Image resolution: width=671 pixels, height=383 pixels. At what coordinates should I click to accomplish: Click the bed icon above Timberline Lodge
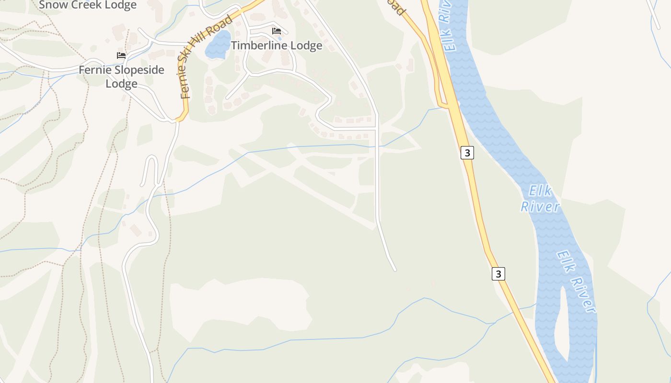(x=277, y=31)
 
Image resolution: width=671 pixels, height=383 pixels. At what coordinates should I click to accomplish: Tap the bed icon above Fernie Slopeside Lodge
(x=121, y=56)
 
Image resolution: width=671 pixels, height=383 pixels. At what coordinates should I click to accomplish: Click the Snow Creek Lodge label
(x=88, y=5)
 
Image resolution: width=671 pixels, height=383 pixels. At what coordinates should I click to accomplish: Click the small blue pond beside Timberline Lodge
(x=218, y=45)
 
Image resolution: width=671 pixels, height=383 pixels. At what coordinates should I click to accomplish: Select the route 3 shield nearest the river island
(x=498, y=274)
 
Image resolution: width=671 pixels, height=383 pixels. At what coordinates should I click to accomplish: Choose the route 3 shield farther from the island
(x=467, y=153)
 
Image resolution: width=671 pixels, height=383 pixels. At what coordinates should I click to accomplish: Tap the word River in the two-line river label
(x=540, y=207)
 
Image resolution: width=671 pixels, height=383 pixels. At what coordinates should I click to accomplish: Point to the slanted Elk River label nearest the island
(x=576, y=282)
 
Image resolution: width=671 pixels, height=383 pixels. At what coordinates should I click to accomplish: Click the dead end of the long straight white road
(x=395, y=270)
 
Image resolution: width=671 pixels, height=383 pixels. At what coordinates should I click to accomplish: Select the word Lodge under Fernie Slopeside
(x=121, y=84)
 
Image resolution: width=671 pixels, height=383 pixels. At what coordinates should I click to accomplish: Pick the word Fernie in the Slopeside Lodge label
(x=94, y=70)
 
